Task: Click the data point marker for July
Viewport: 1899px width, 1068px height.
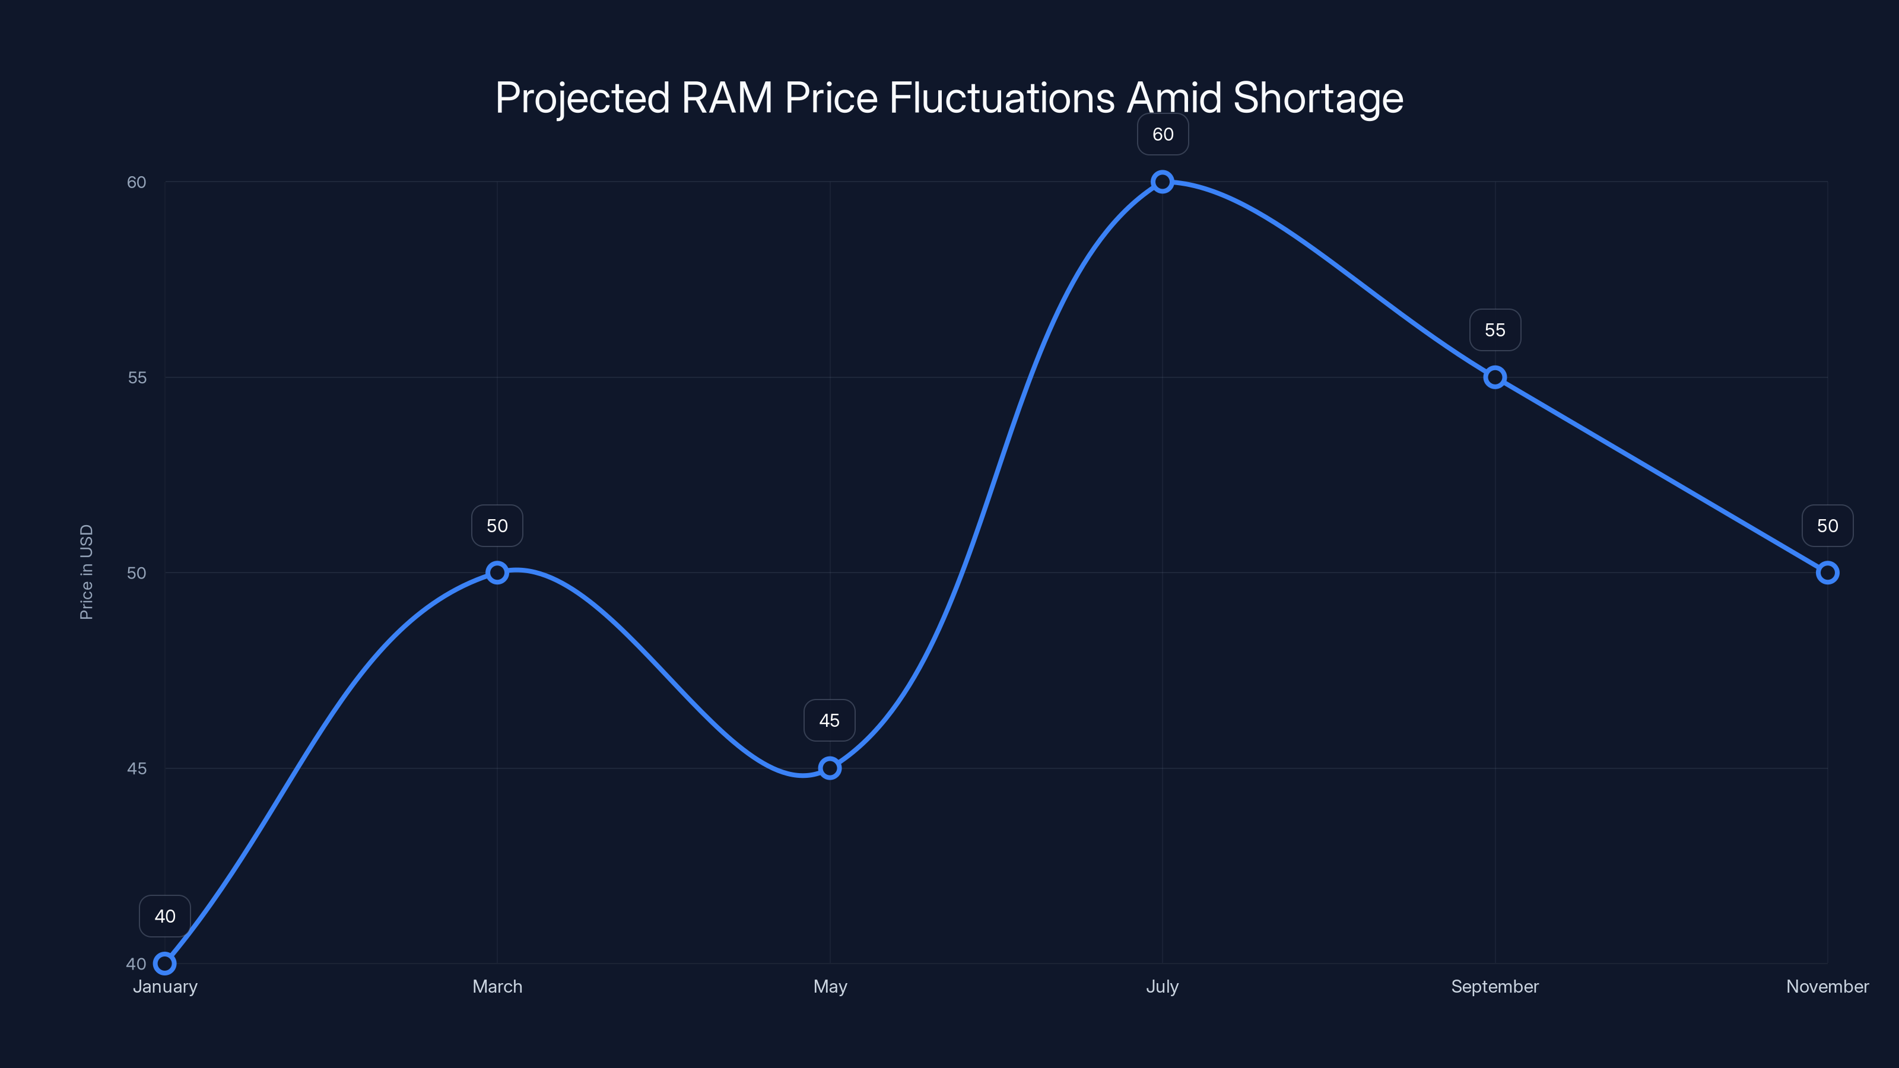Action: tap(1163, 182)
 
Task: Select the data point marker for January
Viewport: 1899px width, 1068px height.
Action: tap(165, 964)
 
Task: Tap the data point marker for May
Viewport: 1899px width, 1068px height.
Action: tap(830, 768)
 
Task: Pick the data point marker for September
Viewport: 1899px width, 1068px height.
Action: tap(1495, 377)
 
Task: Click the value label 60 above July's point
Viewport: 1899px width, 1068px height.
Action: tap(1163, 134)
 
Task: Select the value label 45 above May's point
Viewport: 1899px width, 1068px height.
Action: tap(830, 720)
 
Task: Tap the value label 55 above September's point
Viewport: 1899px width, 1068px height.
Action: tap(1495, 330)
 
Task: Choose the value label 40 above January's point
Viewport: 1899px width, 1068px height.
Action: tap(165, 916)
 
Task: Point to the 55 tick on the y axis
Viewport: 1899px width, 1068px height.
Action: tap(137, 377)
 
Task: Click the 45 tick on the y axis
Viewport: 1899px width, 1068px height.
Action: tap(137, 768)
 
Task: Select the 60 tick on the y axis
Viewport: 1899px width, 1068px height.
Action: tap(137, 182)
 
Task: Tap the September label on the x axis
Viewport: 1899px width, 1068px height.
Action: tap(1495, 986)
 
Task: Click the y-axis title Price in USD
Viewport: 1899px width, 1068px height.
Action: tap(86, 572)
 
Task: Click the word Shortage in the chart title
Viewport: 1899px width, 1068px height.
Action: tap(1318, 98)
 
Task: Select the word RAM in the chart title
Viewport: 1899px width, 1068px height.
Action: tap(727, 98)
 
